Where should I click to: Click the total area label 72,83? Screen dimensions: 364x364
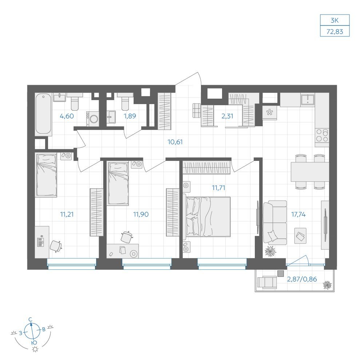coord(335,31)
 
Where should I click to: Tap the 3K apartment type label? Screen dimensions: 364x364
coord(335,20)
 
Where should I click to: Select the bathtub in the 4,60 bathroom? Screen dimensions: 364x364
coord(43,114)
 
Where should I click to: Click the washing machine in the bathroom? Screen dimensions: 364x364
coord(93,119)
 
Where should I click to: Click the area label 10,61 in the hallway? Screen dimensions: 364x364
coord(175,142)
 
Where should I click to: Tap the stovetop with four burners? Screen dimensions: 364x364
coord(322,135)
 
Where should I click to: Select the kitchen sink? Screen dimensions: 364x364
coord(308,99)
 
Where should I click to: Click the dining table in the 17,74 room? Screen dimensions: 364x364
coord(310,172)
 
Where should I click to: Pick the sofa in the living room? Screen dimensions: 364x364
coord(275,223)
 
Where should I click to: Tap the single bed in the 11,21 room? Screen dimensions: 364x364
coord(46,175)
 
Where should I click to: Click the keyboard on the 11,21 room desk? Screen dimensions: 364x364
coord(40,241)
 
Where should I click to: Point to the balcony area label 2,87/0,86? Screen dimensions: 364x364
coord(302,279)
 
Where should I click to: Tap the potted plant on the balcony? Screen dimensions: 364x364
coord(327,285)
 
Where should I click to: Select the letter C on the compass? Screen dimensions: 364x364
coord(30,320)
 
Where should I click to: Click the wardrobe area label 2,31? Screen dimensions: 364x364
coord(227,116)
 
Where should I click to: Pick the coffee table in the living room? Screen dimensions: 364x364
coord(300,236)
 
